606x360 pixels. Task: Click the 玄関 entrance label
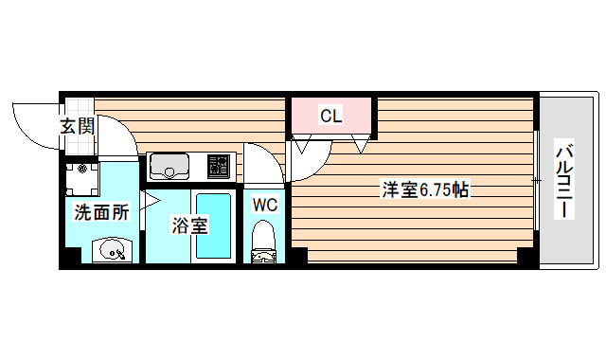(x=78, y=126)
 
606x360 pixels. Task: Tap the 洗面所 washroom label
(x=101, y=212)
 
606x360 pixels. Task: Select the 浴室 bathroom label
(x=189, y=225)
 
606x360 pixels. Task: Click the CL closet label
(x=330, y=117)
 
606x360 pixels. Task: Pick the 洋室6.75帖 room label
(x=425, y=189)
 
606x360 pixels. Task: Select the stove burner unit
(x=219, y=168)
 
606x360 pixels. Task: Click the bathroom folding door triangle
(x=150, y=200)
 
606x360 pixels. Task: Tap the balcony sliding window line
(x=536, y=180)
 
